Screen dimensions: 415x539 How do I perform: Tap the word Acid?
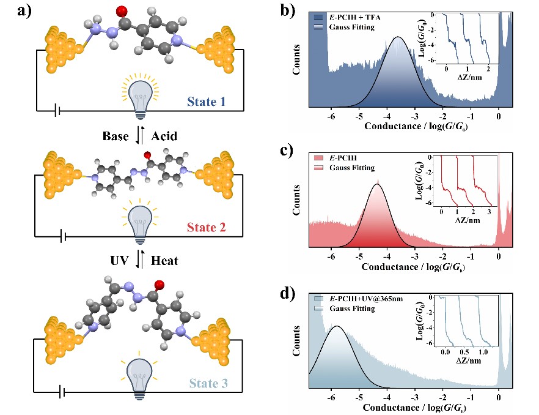click(163, 136)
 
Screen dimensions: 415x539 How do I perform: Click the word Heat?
click(164, 261)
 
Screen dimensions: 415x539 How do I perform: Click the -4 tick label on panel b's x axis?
click(387, 115)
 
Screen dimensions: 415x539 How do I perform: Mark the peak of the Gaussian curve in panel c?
click(378, 184)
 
